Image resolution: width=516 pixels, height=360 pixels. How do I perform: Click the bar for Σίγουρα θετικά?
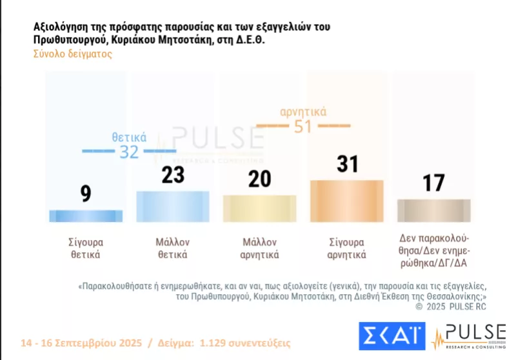pyautogui.click(x=86, y=216)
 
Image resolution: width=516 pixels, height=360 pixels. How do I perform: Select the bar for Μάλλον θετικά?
pyautogui.click(x=172, y=206)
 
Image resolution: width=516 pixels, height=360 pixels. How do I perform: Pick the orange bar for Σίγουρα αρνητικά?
pyautogui.click(x=347, y=201)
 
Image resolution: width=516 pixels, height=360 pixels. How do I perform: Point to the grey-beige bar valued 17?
pyautogui.click(x=433, y=210)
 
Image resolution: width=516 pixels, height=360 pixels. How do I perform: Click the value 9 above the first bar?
pyautogui.click(x=86, y=194)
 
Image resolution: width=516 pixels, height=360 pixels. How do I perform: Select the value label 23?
pyautogui.click(x=173, y=175)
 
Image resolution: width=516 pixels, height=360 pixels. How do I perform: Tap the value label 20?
pyautogui.click(x=259, y=179)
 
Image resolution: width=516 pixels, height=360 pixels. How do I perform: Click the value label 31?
pyautogui.click(x=347, y=164)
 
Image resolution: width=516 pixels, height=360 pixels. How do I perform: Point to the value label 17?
pyautogui.click(x=433, y=183)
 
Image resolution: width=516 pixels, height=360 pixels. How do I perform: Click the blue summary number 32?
pyautogui.click(x=129, y=152)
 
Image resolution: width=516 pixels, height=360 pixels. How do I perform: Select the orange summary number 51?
pyautogui.click(x=303, y=126)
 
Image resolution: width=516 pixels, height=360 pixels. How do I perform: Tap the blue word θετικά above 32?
pyautogui.click(x=129, y=137)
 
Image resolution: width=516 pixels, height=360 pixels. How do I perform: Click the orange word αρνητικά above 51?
pyautogui.click(x=303, y=112)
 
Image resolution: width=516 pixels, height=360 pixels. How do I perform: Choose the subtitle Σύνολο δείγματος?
pyautogui.click(x=72, y=54)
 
